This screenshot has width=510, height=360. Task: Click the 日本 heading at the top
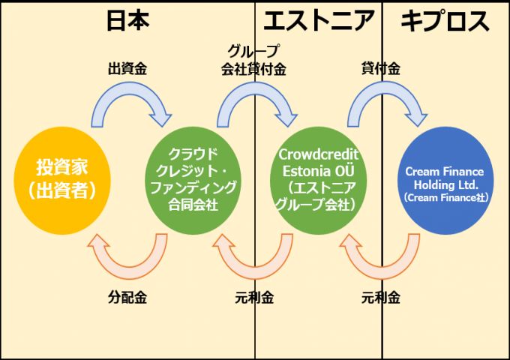pyautogui.click(x=127, y=21)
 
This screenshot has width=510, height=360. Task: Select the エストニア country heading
pyautogui.click(x=319, y=21)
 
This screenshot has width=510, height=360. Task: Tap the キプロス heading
pyautogui.click(x=445, y=21)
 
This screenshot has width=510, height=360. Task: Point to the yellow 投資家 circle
pyautogui.click(x=65, y=178)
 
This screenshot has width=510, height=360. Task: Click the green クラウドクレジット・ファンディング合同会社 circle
pyautogui.click(x=193, y=178)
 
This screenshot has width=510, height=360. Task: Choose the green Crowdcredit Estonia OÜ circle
pyautogui.click(x=319, y=178)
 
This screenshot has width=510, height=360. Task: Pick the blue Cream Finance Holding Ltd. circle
pyautogui.click(x=445, y=178)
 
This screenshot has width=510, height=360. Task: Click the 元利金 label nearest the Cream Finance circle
pyautogui.click(x=380, y=297)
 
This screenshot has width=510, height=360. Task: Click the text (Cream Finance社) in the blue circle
pyautogui.click(x=445, y=198)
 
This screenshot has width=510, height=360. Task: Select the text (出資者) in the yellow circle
pyautogui.click(x=65, y=190)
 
